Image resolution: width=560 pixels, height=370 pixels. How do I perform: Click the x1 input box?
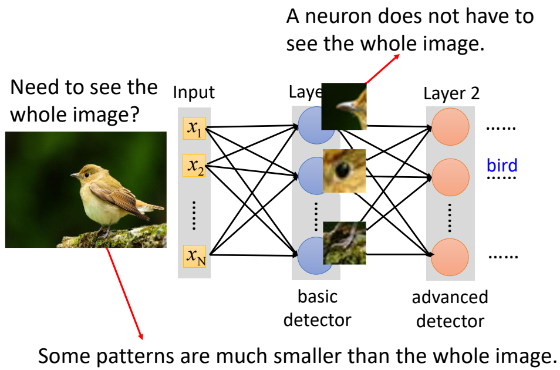[x=194, y=128]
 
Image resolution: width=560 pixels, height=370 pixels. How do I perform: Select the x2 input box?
[x=194, y=166]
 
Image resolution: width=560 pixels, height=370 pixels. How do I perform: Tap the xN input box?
[x=194, y=255]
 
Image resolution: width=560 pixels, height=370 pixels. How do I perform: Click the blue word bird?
[x=502, y=165]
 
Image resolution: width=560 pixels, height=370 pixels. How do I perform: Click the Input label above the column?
[x=194, y=92]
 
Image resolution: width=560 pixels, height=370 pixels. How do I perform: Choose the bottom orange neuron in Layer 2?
[x=450, y=255]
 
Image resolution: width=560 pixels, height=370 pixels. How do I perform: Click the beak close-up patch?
[x=345, y=106]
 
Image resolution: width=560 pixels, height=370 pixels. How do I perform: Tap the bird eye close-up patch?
[x=345, y=171]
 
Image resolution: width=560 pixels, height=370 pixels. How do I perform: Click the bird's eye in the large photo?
[x=86, y=171]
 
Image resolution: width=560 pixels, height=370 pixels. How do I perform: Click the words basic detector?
[x=318, y=308]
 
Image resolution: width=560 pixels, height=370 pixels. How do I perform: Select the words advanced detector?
[x=450, y=309]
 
